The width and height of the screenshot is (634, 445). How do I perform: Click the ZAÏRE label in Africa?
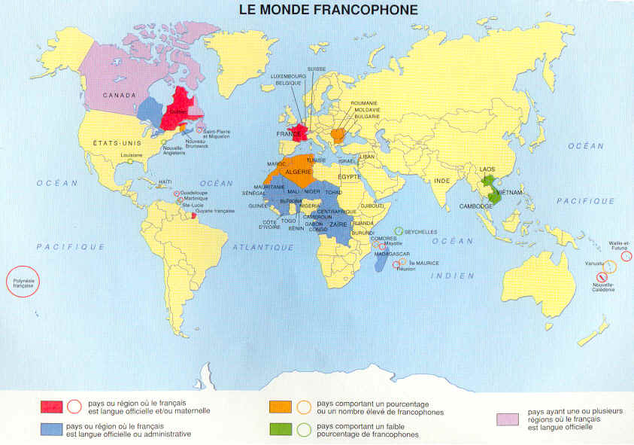pos(338,224)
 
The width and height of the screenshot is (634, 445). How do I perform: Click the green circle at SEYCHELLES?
pos(399,231)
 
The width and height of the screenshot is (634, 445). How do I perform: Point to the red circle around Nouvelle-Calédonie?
pos(597,277)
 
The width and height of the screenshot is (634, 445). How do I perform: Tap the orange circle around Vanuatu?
pos(610,266)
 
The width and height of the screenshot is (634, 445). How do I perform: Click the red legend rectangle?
pos(51,407)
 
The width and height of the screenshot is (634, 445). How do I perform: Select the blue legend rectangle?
pos(51,429)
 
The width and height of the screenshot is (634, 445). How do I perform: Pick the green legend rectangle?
pos(280,429)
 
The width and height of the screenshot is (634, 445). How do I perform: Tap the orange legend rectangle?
pos(280,407)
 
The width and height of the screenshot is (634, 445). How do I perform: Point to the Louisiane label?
pos(131,156)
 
